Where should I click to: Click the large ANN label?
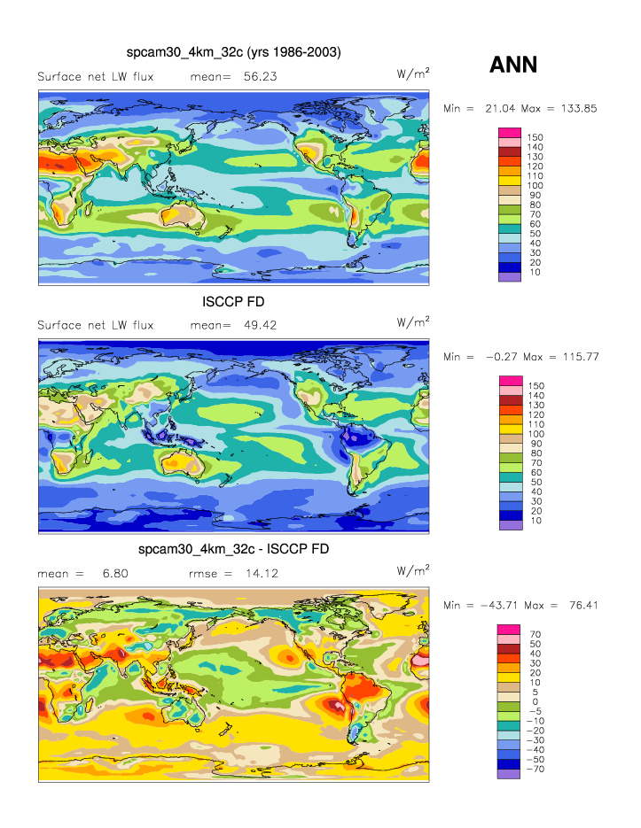513,64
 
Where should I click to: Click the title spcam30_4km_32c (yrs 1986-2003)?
234,53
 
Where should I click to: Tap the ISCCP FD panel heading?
234,302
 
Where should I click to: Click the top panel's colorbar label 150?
535,138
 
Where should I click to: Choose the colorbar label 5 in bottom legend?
533,692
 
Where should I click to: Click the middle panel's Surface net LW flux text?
96,325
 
